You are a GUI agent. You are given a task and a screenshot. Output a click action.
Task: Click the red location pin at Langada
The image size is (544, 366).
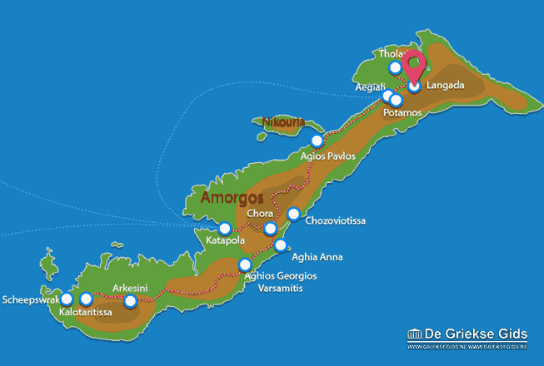[x=414, y=66]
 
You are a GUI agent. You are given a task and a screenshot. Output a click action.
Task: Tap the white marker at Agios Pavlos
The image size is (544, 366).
[x=316, y=141]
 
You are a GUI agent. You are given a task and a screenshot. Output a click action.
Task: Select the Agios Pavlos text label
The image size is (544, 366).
[x=327, y=156]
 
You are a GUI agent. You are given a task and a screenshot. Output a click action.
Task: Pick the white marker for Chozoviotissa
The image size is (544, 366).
[x=293, y=215]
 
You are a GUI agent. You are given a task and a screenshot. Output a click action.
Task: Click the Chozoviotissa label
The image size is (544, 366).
[x=335, y=221]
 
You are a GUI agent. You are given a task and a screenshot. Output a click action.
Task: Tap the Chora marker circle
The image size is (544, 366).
[x=270, y=229]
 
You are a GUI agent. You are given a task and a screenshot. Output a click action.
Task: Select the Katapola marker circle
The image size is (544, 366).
[x=224, y=228]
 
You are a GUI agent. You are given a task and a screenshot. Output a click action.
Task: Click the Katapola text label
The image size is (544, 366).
[x=224, y=242]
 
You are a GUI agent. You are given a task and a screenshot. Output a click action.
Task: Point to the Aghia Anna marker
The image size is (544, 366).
[x=281, y=245]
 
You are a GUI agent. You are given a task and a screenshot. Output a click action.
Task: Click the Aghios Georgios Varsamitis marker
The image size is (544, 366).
[x=245, y=265]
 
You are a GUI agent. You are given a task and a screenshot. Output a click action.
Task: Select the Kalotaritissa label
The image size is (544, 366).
[x=87, y=313]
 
